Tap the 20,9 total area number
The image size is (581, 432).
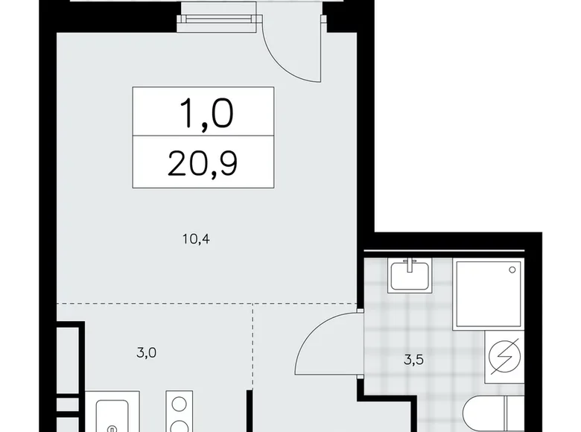pyautogui.click(x=203, y=162)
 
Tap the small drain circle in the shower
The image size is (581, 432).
pyautogui.click(x=512, y=268)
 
